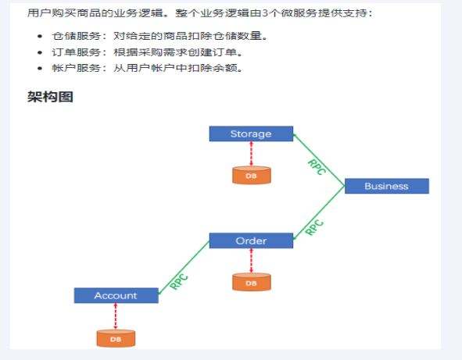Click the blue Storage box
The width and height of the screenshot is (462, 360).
point(251,134)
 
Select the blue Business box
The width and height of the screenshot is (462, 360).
point(387,186)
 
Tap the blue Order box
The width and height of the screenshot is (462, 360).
point(251,241)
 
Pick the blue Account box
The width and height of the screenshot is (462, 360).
point(116,295)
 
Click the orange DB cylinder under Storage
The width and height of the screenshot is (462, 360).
point(252,176)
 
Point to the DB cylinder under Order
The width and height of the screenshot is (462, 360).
point(252,282)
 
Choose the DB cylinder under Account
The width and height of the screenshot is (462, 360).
point(116,338)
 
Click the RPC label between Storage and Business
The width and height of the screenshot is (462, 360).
point(317,167)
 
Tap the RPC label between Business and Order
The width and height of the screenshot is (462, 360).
point(314,227)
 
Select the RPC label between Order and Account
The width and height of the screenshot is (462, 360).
point(179,282)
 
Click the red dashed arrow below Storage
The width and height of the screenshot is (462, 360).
point(251,154)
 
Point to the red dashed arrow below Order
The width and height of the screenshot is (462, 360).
point(251,261)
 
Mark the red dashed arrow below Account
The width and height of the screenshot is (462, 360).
point(116,316)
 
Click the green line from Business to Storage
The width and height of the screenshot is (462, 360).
point(319,160)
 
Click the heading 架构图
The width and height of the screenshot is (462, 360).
point(50,97)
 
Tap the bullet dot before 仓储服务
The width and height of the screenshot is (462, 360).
point(40,36)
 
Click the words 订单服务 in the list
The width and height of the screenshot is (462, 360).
point(77,52)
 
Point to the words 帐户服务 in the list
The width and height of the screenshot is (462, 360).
point(77,68)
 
